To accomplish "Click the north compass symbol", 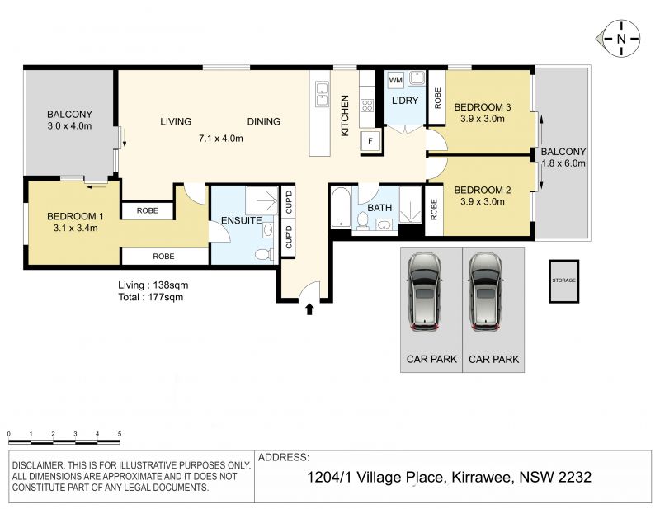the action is (x=620, y=38).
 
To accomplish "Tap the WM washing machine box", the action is (x=396, y=80).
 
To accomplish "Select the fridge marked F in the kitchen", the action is (x=370, y=141).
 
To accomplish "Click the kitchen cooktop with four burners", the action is (x=367, y=106).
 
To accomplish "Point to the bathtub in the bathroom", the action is (x=341, y=208).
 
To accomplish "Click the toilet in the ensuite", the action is (x=264, y=255).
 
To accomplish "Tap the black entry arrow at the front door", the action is (x=309, y=309).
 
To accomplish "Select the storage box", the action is (x=563, y=280).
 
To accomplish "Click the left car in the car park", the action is (x=424, y=292).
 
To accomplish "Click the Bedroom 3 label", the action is (x=483, y=107).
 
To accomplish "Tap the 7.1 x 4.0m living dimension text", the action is (x=220, y=138).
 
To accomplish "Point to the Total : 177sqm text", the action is (x=151, y=297).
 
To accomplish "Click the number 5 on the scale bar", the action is (x=120, y=434).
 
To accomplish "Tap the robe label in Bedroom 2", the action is (x=434, y=210).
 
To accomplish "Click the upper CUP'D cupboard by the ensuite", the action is (x=289, y=202).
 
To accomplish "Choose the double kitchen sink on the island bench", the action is (x=322, y=95).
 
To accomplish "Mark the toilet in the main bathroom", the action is (x=362, y=221).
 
